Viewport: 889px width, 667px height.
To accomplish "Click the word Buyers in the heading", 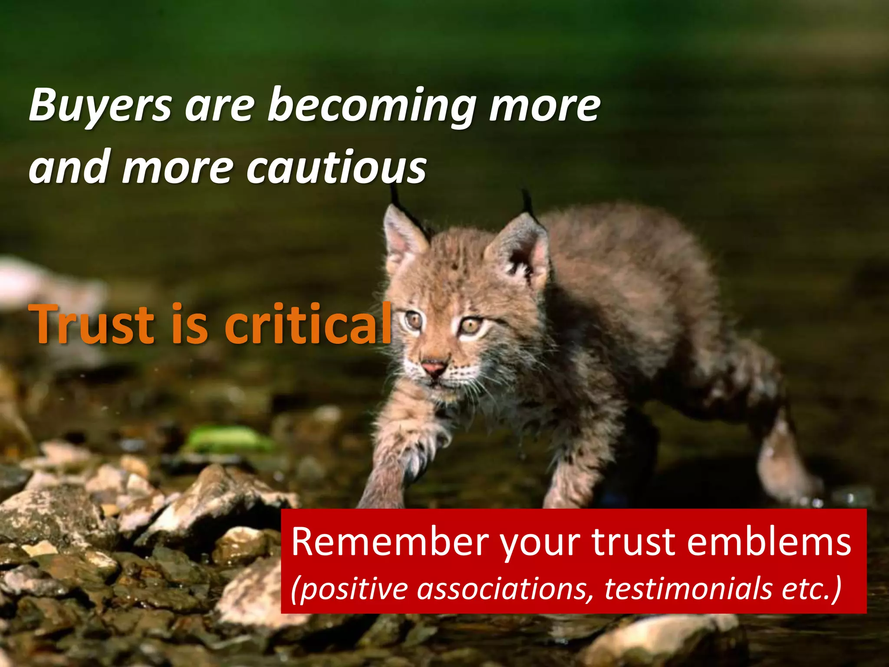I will point(100,106).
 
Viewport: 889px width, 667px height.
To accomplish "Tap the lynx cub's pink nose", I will point(434,368).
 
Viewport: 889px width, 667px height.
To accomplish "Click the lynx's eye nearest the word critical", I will point(414,320).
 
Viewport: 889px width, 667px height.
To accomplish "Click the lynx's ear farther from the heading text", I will point(521,252).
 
